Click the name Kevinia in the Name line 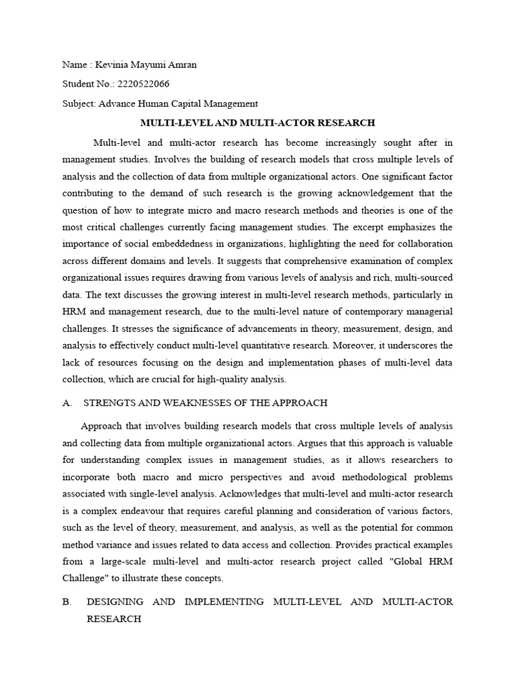(110, 65)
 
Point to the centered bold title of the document (257, 123)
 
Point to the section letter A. (66, 403)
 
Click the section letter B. (66, 602)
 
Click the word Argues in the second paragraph (316, 443)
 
